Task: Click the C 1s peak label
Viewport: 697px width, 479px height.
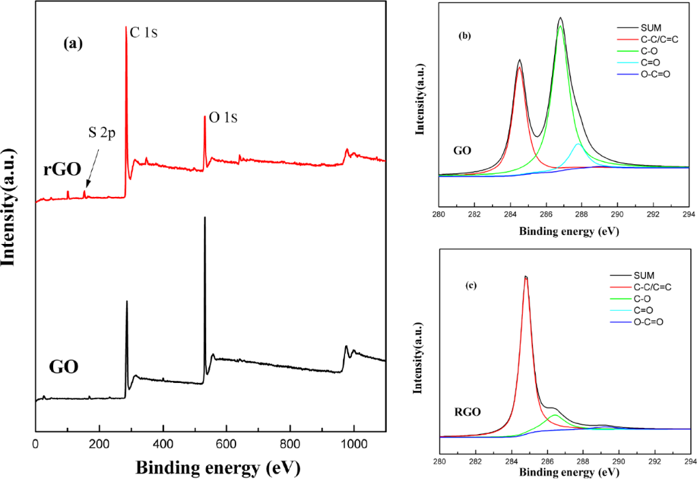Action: [x=144, y=31]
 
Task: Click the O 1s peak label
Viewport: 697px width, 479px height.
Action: [x=223, y=117]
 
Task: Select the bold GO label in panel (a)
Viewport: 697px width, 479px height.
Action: [x=63, y=367]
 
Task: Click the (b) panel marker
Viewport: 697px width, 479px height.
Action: [x=465, y=35]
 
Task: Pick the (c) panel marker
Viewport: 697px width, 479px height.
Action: [x=466, y=285]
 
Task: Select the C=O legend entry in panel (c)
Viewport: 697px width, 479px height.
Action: [x=640, y=309]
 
